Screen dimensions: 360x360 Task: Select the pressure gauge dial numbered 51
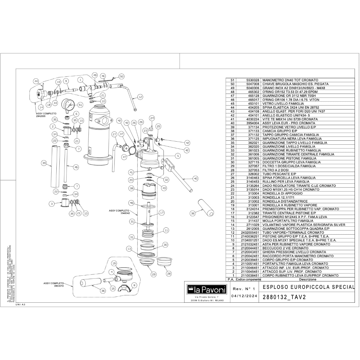[69, 105]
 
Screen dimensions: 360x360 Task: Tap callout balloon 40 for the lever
[196, 178]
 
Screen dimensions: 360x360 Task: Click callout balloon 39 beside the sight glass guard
[44, 163]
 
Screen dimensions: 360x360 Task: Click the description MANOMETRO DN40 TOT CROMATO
[290, 80]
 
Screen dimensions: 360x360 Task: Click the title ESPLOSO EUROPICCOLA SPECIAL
[308, 287]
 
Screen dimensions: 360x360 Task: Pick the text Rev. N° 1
[243, 289]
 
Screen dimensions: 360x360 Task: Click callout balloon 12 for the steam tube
[140, 97]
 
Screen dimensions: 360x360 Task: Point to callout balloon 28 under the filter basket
[169, 273]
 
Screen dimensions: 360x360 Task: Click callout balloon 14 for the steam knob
[41, 107]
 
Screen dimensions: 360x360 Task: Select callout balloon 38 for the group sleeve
[131, 188]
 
